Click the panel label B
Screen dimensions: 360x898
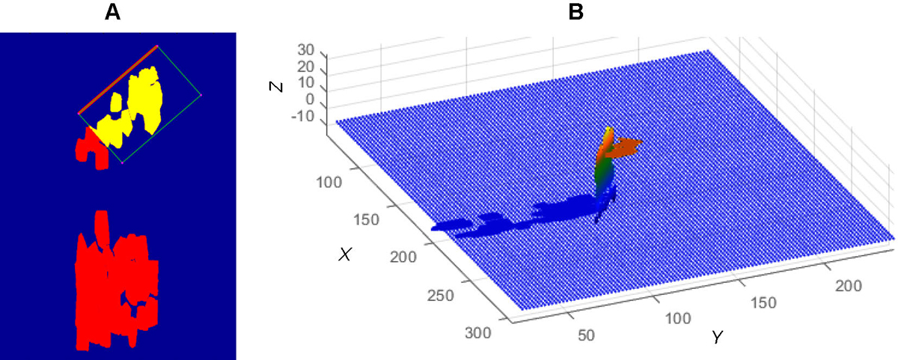click(558, 13)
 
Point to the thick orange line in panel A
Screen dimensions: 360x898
click(118, 79)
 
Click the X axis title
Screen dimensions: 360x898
click(345, 254)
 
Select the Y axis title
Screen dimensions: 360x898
click(717, 337)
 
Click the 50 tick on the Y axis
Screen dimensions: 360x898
click(586, 335)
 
